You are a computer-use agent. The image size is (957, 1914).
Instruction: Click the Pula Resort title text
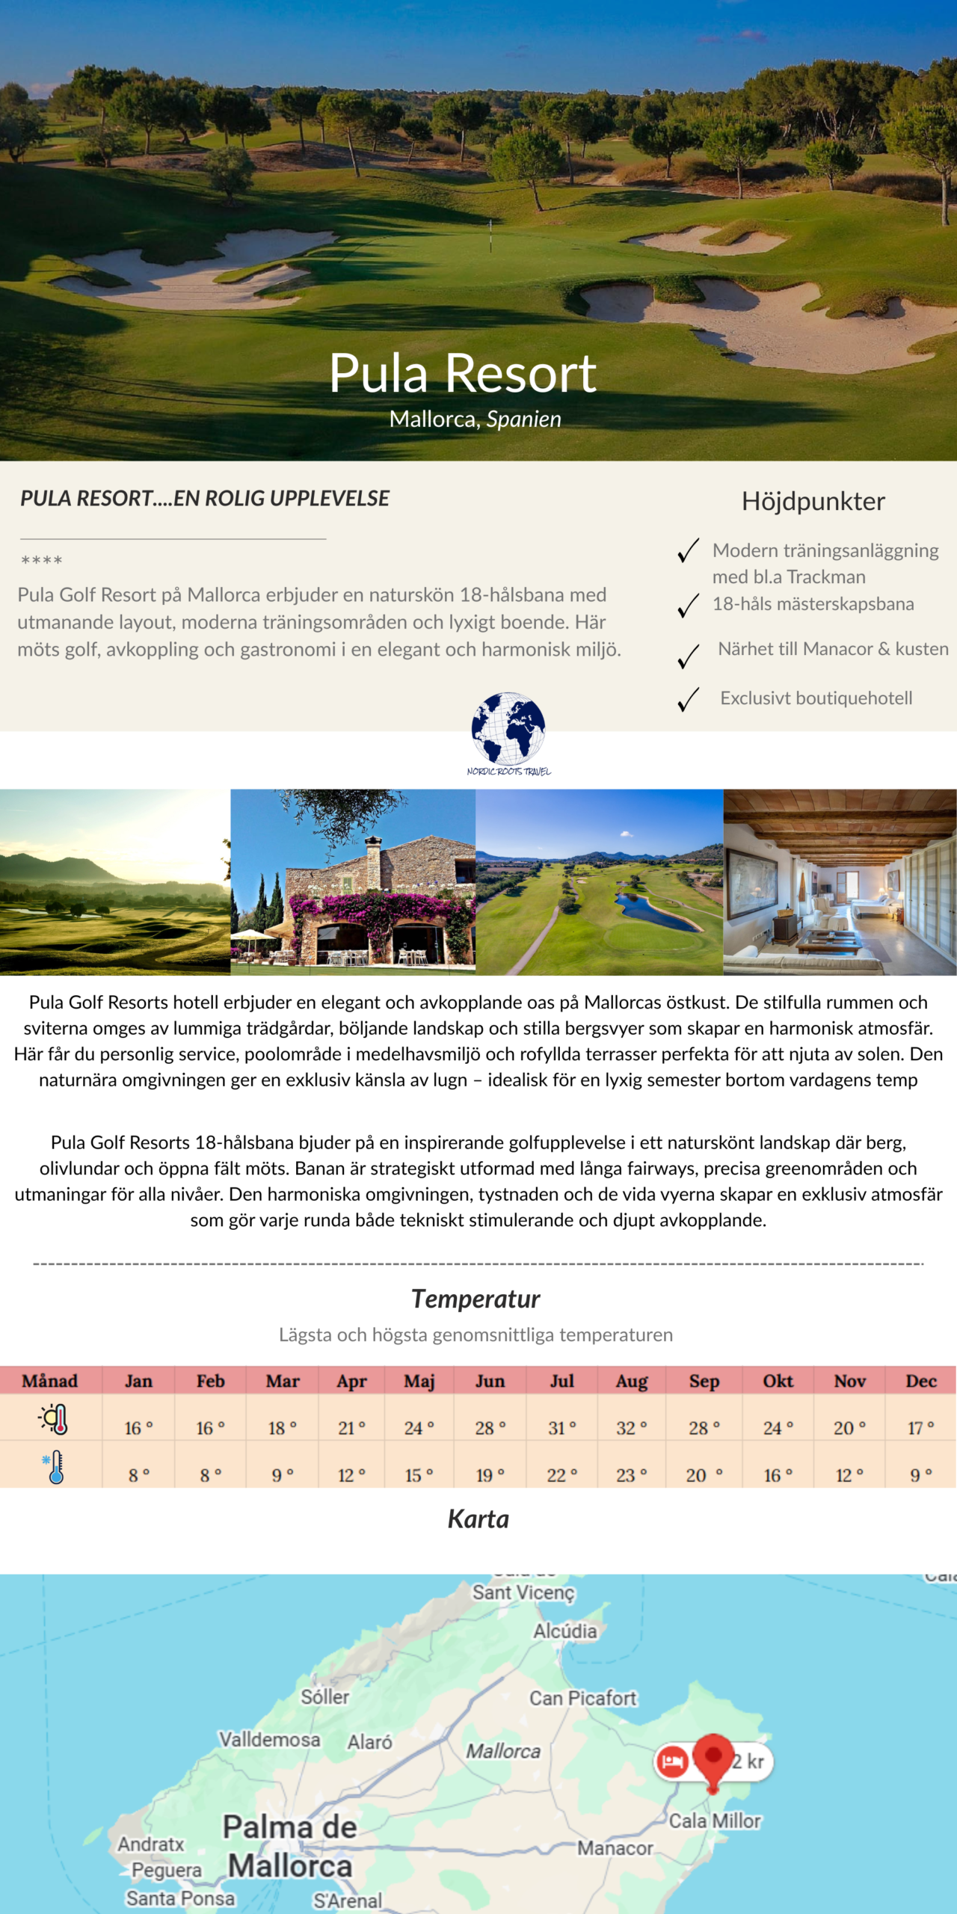point(463,373)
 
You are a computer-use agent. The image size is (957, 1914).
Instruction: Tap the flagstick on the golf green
point(490,235)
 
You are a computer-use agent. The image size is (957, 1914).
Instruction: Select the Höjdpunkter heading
point(813,501)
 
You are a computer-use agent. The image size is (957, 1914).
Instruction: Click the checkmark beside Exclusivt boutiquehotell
point(688,700)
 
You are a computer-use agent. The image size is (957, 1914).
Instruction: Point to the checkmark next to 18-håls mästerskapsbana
point(688,606)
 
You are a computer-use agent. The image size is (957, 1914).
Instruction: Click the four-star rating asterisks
point(42,560)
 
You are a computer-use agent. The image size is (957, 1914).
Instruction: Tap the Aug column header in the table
point(632,1381)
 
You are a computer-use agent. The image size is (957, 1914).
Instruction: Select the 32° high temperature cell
point(632,1428)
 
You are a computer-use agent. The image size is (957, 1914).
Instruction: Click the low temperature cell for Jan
point(138,1475)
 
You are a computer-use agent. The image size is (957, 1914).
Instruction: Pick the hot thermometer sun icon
point(54,1419)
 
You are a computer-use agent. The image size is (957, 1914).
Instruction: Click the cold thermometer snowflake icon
point(54,1467)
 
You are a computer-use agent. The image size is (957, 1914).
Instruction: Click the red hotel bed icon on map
point(671,1761)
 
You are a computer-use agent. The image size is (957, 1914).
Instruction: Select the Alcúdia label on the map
point(565,1631)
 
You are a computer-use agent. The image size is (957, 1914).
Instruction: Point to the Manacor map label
point(615,1848)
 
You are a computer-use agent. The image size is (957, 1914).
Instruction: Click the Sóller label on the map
point(325,1697)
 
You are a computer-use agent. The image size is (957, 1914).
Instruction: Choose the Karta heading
point(478,1519)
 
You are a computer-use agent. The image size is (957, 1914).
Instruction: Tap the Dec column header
point(921,1381)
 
